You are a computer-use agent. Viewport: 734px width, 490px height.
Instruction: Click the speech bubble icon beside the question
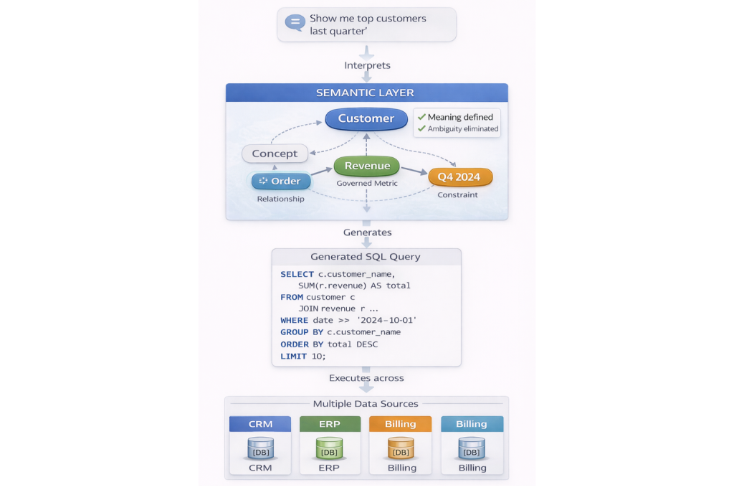pyautogui.click(x=295, y=22)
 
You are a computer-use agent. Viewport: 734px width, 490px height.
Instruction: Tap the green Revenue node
pyautogui.click(x=367, y=166)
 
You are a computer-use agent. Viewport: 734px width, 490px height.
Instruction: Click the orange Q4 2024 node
pyautogui.click(x=459, y=176)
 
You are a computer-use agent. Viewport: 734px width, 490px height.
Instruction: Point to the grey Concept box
pyautogui.click(x=275, y=153)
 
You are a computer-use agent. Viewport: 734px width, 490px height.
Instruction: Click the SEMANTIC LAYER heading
pyautogui.click(x=366, y=93)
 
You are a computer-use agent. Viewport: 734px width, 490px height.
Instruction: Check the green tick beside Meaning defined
pyautogui.click(x=421, y=117)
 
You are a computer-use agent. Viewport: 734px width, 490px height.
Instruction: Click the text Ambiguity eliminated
pyautogui.click(x=462, y=129)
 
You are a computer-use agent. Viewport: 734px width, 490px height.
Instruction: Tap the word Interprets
pyautogui.click(x=367, y=65)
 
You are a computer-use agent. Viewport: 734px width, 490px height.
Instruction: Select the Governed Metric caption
pyautogui.click(x=367, y=184)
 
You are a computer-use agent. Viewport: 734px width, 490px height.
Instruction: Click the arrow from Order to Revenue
pyautogui.click(x=323, y=173)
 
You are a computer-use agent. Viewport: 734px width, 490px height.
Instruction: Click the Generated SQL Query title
pyautogui.click(x=366, y=257)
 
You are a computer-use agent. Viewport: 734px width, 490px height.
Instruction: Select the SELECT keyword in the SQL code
pyautogui.click(x=297, y=274)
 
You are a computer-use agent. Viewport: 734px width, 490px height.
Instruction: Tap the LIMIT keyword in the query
pyautogui.click(x=294, y=356)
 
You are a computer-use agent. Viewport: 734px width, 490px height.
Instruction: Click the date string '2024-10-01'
pyautogui.click(x=386, y=320)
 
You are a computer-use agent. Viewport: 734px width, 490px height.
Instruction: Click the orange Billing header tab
pyautogui.click(x=400, y=424)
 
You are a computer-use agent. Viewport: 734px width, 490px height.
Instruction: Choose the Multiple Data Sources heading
pyautogui.click(x=366, y=404)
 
